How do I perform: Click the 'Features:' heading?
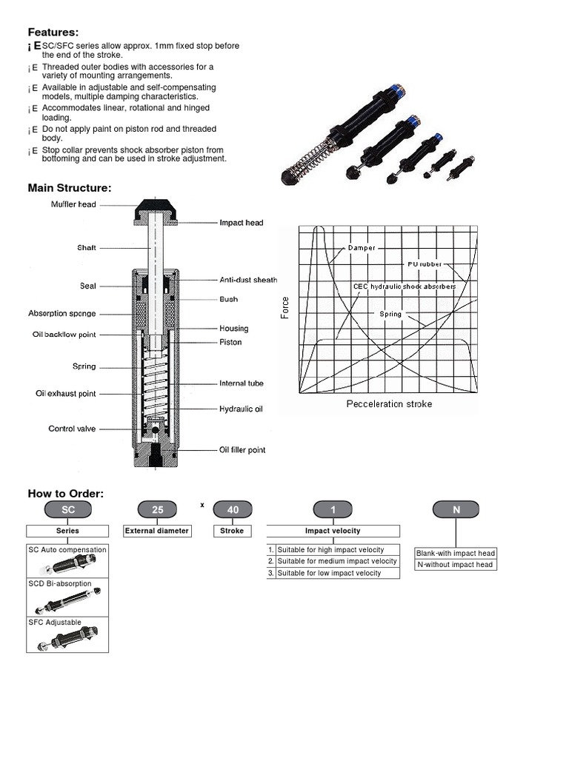[x=53, y=32]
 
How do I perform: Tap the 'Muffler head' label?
[x=73, y=204]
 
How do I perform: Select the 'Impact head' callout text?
[x=241, y=222]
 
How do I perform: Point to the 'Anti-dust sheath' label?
[x=248, y=280]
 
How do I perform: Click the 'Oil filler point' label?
[x=242, y=449]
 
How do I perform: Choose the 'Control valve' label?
[x=72, y=429]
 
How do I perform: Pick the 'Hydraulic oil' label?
[x=241, y=409]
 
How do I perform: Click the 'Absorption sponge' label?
[x=61, y=314]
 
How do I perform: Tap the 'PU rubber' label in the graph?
[x=425, y=264]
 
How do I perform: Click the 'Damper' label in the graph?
[x=362, y=248]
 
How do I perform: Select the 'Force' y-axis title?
[x=285, y=308]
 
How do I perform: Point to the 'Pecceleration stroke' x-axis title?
[x=389, y=404]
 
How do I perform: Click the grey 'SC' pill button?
[x=67, y=509]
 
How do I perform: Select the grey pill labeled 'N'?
[x=456, y=509]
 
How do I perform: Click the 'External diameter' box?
[x=157, y=531]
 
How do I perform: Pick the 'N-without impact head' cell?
[x=455, y=565]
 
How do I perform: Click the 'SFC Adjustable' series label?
[x=55, y=623]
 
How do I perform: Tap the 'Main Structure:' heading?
[x=70, y=188]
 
